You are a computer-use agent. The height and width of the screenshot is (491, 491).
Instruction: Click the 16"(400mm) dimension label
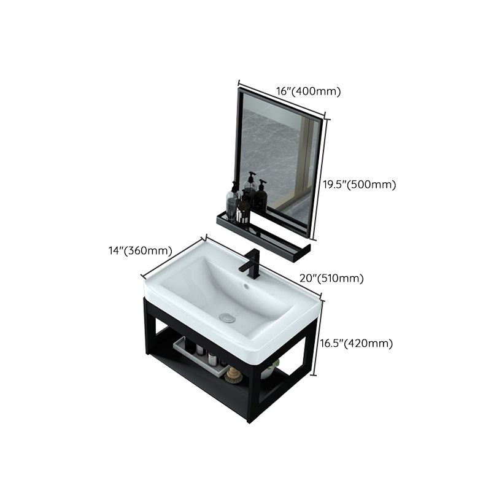pyautogui.click(x=308, y=91)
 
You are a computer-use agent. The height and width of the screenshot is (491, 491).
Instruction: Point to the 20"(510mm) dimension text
pyautogui.click(x=331, y=278)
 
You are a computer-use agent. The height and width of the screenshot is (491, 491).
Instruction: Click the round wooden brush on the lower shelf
pyautogui.click(x=233, y=374)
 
